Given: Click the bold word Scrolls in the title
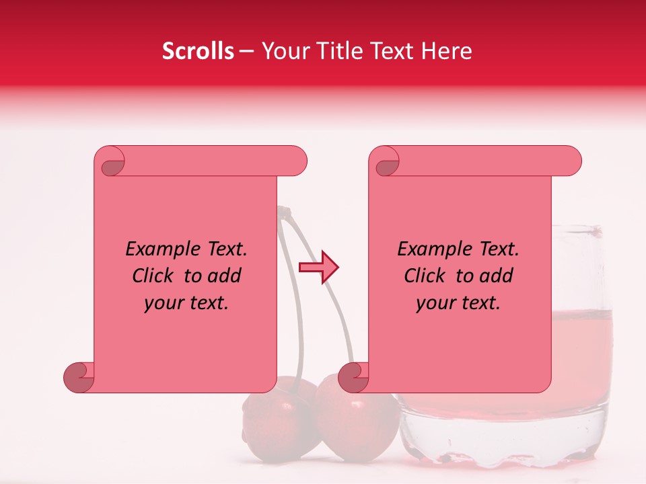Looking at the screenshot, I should point(198,51).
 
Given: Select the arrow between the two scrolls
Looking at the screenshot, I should point(319,268).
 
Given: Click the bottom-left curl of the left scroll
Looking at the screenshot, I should point(79,378).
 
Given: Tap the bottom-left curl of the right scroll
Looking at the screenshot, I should point(354,378).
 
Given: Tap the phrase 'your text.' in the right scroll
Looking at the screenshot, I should point(458,302).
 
